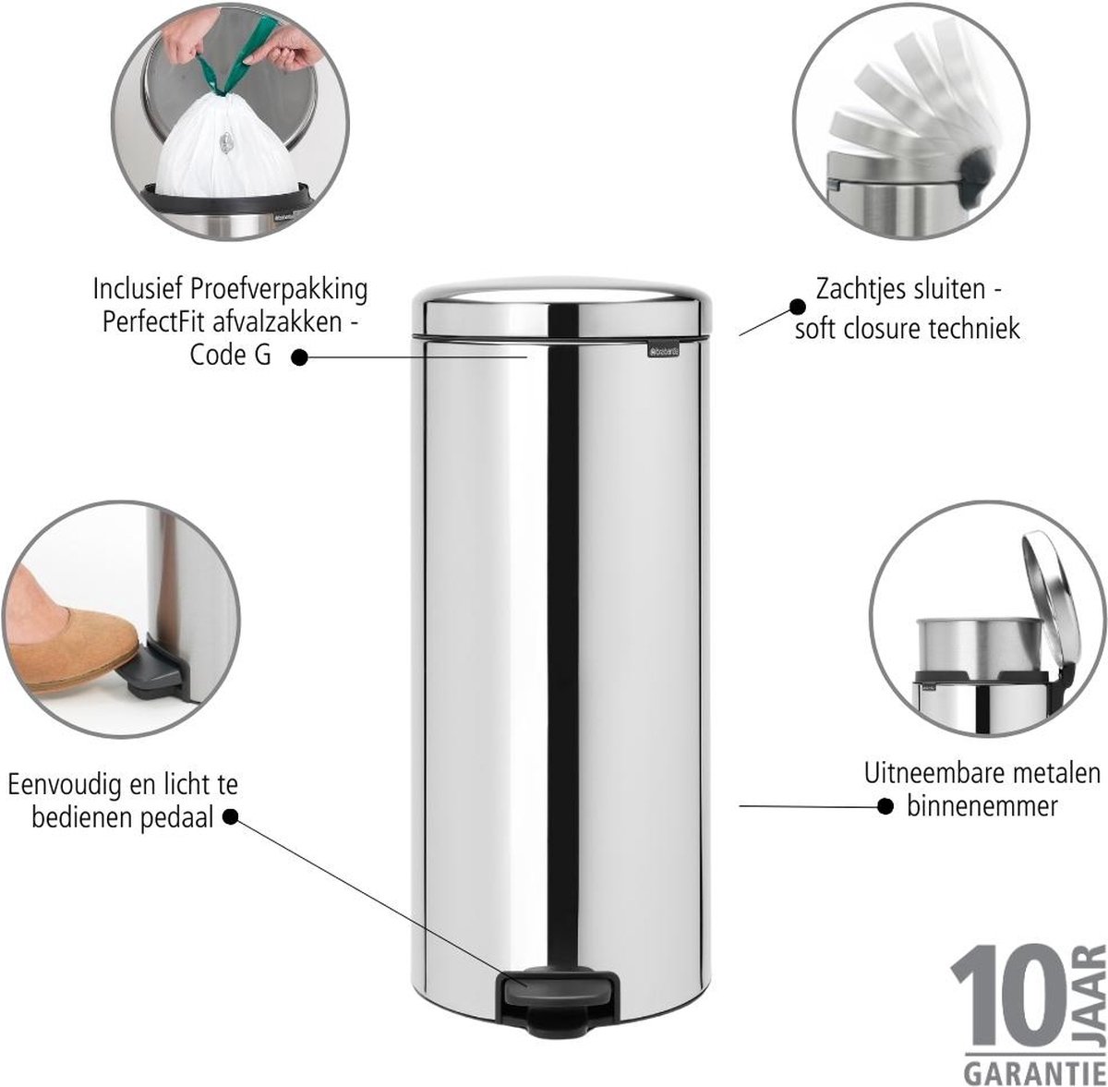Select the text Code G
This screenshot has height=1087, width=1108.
[x=230, y=355]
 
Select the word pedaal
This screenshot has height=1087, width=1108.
[x=177, y=818]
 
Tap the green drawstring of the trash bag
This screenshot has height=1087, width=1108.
[x=230, y=55]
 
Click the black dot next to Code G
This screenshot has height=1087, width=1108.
[x=299, y=357]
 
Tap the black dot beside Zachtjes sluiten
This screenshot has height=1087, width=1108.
[x=797, y=307]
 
